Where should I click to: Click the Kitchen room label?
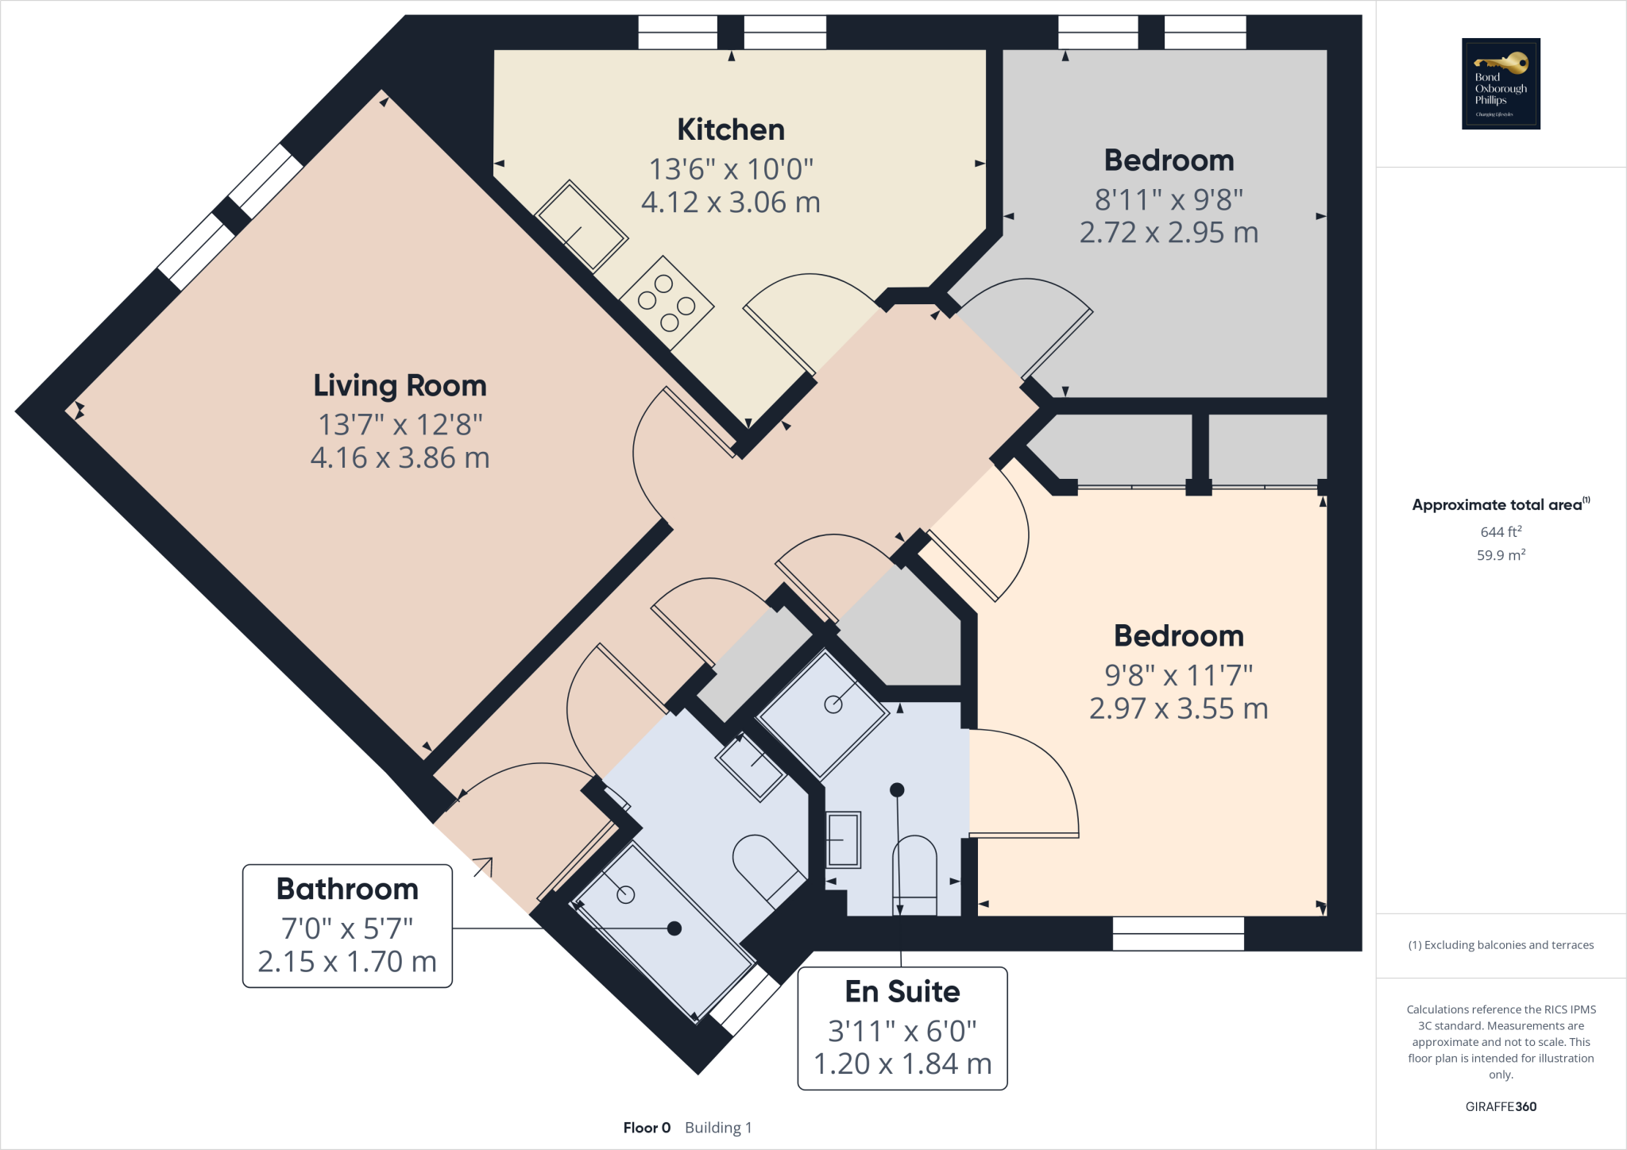730,129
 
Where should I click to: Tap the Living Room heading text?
400,385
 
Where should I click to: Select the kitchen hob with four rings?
666,303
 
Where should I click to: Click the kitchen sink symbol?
581,226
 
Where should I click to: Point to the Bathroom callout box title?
347,889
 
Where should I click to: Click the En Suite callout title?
902,991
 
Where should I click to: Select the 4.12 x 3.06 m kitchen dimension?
730,203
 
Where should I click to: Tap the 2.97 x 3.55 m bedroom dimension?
1178,708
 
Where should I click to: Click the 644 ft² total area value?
1500,531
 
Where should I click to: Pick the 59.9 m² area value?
1500,555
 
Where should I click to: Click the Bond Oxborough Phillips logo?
1500,83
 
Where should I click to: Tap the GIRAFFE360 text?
1500,1106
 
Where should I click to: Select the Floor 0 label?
647,1128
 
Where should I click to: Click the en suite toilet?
915,874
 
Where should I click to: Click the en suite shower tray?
823,714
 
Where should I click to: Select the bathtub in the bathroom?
664,934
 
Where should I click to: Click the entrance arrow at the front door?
483,867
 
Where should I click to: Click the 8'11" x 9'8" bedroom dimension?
1169,199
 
